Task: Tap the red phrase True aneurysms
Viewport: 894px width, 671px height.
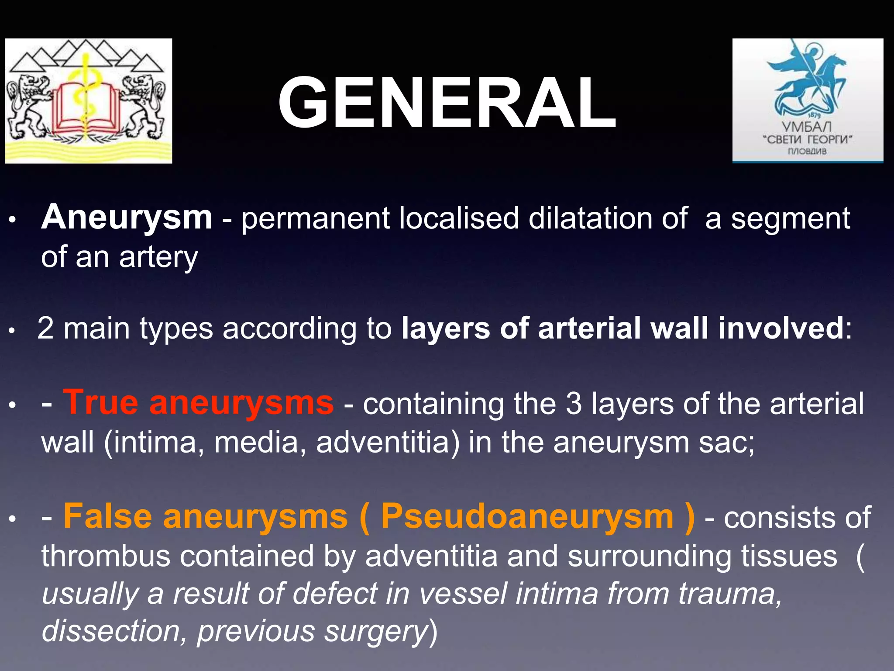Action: [x=199, y=403]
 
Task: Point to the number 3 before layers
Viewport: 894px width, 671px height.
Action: [x=574, y=404]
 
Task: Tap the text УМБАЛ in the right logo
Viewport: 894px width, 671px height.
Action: [x=807, y=127]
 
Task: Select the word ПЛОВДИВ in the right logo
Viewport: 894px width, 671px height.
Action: [x=807, y=152]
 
